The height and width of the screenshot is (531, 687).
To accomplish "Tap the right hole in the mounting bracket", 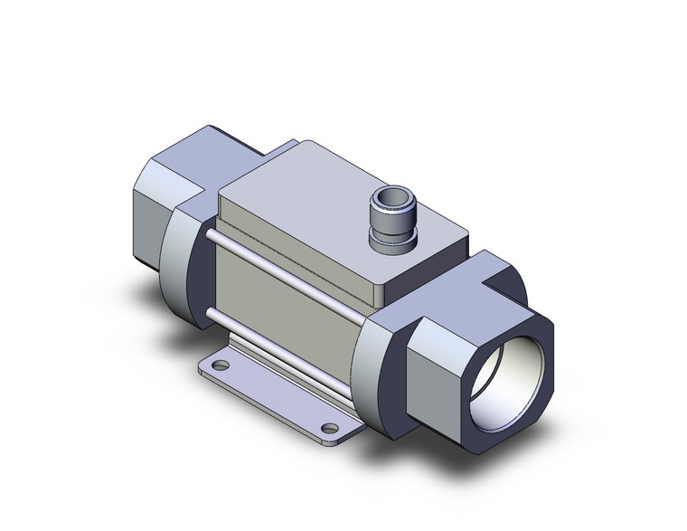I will [x=331, y=428].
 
